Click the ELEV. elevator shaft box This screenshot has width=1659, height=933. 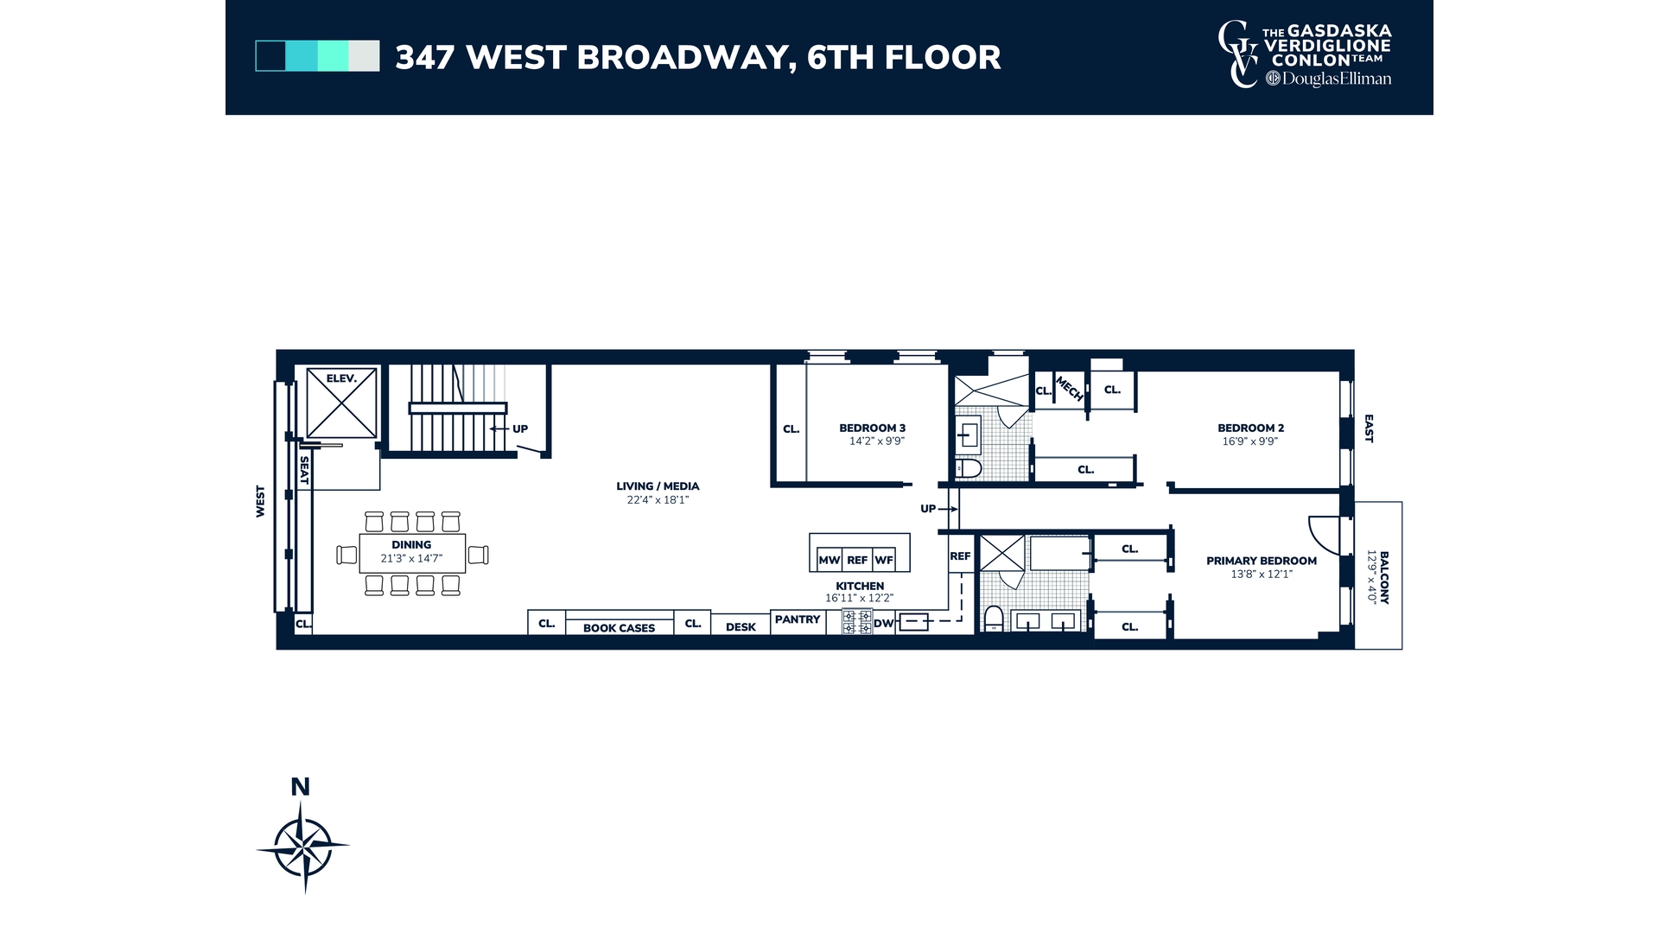click(x=341, y=402)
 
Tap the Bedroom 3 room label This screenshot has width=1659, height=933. click(x=872, y=428)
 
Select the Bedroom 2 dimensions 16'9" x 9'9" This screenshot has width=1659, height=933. click(x=1249, y=441)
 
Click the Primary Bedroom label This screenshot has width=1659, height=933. click(x=1261, y=561)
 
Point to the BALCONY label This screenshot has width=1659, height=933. click(x=1384, y=577)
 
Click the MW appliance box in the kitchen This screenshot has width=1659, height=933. click(x=829, y=560)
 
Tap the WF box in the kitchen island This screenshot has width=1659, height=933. click(x=884, y=560)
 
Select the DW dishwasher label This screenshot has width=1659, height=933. click(x=883, y=624)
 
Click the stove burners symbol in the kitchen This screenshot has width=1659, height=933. click(x=856, y=621)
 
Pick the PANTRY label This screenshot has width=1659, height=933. click(x=797, y=619)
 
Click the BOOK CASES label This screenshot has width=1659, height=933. click(x=619, y=628)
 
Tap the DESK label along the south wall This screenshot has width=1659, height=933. click(x=741, y=627)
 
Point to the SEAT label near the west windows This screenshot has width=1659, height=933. click(x=304, y=471)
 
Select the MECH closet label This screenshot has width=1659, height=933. click(x=1069, y=389)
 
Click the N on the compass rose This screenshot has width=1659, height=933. click(x=300, y=787)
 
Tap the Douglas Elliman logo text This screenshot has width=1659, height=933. click(x=1336, y=79)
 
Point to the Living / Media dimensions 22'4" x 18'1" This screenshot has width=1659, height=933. click(x=658, y=500)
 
